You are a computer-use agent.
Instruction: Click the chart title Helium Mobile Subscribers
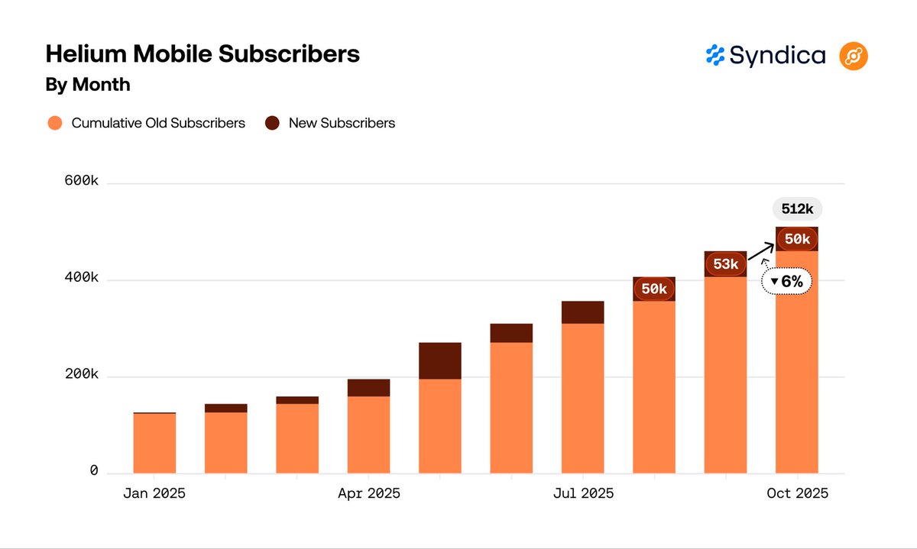click(203, 55)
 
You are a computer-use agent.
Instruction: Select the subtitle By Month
click(88, 85)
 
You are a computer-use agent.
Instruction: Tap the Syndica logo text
click(777, 56)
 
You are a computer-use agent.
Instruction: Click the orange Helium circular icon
click(854, 56)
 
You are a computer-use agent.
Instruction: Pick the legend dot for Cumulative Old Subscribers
click(54, 123)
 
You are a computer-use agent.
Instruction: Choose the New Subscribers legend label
click(342, 123)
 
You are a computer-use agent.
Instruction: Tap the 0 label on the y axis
click(94, 471)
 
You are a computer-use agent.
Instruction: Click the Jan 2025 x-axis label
click(154, 494)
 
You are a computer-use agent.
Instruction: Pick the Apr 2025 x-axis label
click(368, 494)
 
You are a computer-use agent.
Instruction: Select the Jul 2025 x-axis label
click(582, 494)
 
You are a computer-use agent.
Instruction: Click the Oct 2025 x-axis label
click(797, 494)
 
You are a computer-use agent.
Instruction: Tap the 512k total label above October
click(797, 209)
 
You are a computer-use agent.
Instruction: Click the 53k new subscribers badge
click(725, 264)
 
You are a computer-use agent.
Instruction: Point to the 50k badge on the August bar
click(654, 289)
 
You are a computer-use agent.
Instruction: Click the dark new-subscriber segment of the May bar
click(439, 360)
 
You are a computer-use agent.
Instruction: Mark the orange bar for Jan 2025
click(154, 443)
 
